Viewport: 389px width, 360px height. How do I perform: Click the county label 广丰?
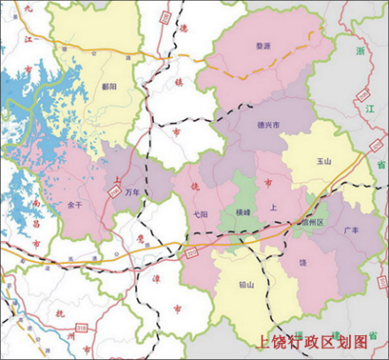tap(350, 230)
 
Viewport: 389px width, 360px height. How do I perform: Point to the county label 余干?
tap(74, 205)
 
